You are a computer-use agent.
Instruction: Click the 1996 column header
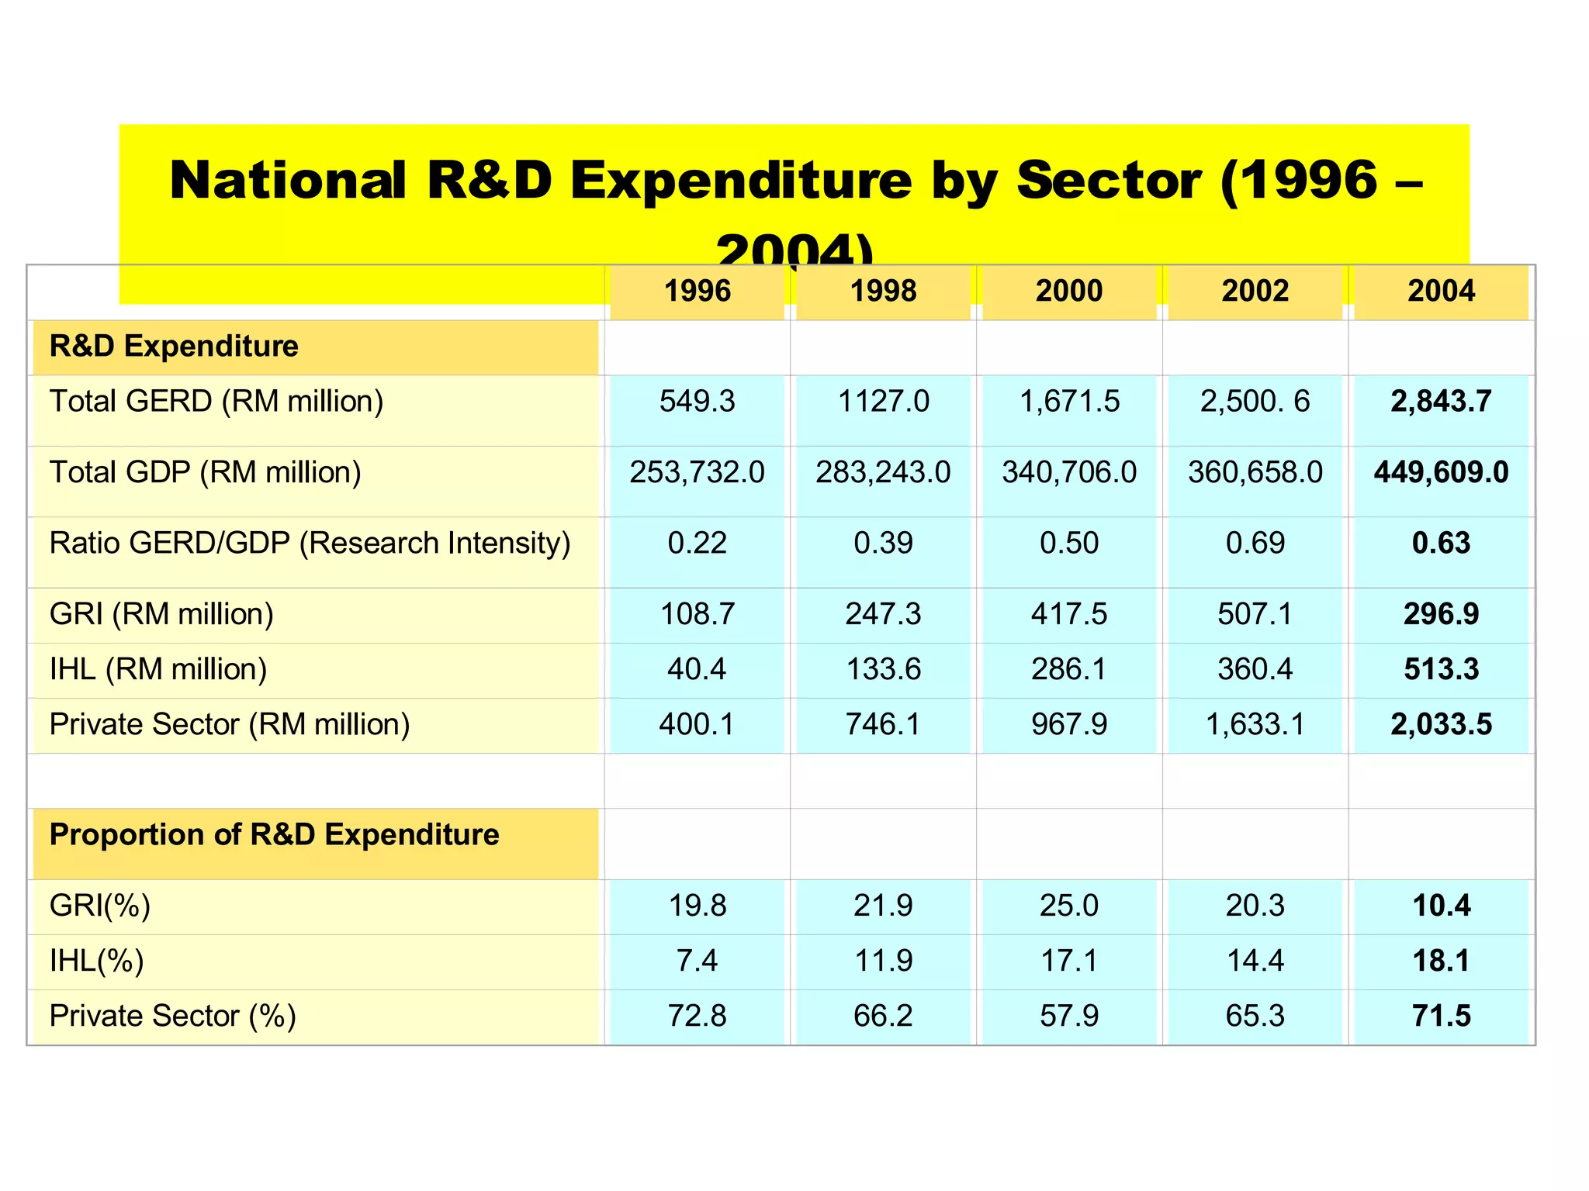(697, 292)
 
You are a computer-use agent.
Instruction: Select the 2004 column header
(1441, 292)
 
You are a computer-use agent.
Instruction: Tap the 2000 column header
(1069, 292)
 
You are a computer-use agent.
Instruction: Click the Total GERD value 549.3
(697, 402)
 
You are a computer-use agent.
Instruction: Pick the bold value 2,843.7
(1441, 402)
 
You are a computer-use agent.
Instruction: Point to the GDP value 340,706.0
(1069, 472)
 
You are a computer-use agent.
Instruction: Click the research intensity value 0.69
(1255, 543)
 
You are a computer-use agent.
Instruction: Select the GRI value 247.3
(883, 614)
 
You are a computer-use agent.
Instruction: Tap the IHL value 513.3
(1441, 669)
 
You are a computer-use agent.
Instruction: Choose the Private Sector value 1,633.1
(1255, 724)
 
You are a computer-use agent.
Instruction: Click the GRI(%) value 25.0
(1069, 906)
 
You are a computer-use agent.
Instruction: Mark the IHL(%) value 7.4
(697, 961)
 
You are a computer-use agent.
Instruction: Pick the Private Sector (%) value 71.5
(1441, 1016)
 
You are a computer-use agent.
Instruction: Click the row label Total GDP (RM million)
(206, 472)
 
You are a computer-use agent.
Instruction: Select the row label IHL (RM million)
(158, 669)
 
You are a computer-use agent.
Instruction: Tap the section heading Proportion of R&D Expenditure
(274, 835)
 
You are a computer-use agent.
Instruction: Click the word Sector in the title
(1109, 181)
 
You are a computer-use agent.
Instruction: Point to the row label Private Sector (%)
(172, 1016)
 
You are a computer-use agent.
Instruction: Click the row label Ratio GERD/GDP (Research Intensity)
(310, 543)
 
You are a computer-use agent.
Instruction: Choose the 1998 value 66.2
(883, 1016)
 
